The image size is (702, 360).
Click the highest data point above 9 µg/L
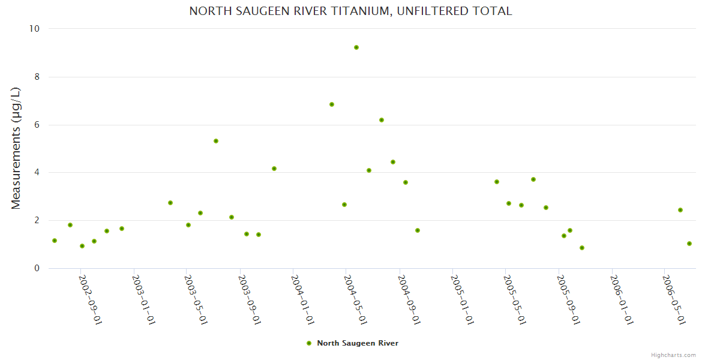356,47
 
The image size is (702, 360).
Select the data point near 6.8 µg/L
332,104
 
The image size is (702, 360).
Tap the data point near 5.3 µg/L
216,141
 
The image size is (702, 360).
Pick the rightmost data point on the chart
689,244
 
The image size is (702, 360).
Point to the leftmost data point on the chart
55,241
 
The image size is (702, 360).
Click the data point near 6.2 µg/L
382,120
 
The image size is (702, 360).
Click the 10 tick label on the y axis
35,29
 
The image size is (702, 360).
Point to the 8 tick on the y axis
37,77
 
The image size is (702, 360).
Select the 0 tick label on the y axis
37,268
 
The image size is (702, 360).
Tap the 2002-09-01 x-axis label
91,299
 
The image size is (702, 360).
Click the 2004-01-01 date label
302,299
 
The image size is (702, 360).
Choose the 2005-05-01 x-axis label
514,299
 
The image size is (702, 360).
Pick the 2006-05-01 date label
673,299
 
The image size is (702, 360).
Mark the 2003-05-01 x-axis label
196,299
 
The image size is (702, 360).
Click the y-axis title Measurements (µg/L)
16,148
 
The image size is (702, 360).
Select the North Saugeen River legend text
358,343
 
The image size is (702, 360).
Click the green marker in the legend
309,343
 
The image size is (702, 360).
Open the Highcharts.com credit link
673,355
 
